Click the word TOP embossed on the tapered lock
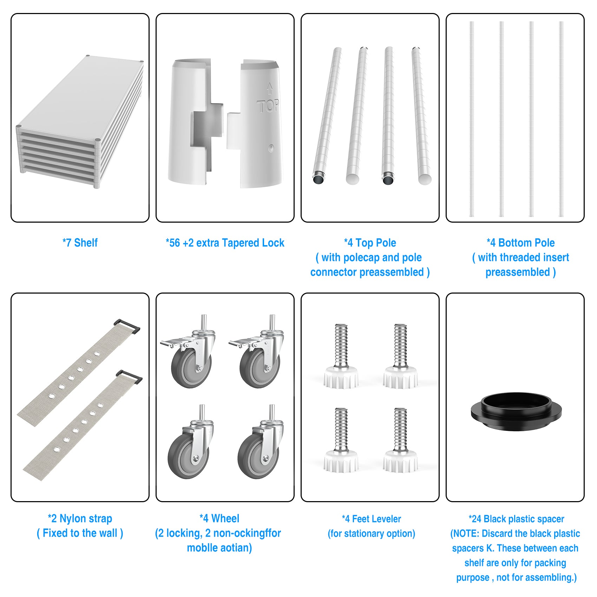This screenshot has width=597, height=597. point(268,106)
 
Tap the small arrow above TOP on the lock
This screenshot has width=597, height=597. point(269,88)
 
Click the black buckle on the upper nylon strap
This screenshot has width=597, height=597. point(127,326)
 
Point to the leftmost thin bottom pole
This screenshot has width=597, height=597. point(472,119)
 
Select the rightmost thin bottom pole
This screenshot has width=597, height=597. point(561,119)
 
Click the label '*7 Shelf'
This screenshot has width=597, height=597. point(80,243)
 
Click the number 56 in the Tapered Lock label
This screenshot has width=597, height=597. point(175,243)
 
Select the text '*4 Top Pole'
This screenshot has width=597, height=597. point(370,243)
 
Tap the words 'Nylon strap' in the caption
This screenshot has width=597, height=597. point(86,518)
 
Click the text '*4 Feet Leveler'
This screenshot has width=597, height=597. point(371,519)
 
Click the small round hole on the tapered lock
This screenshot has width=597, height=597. point(271,148)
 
